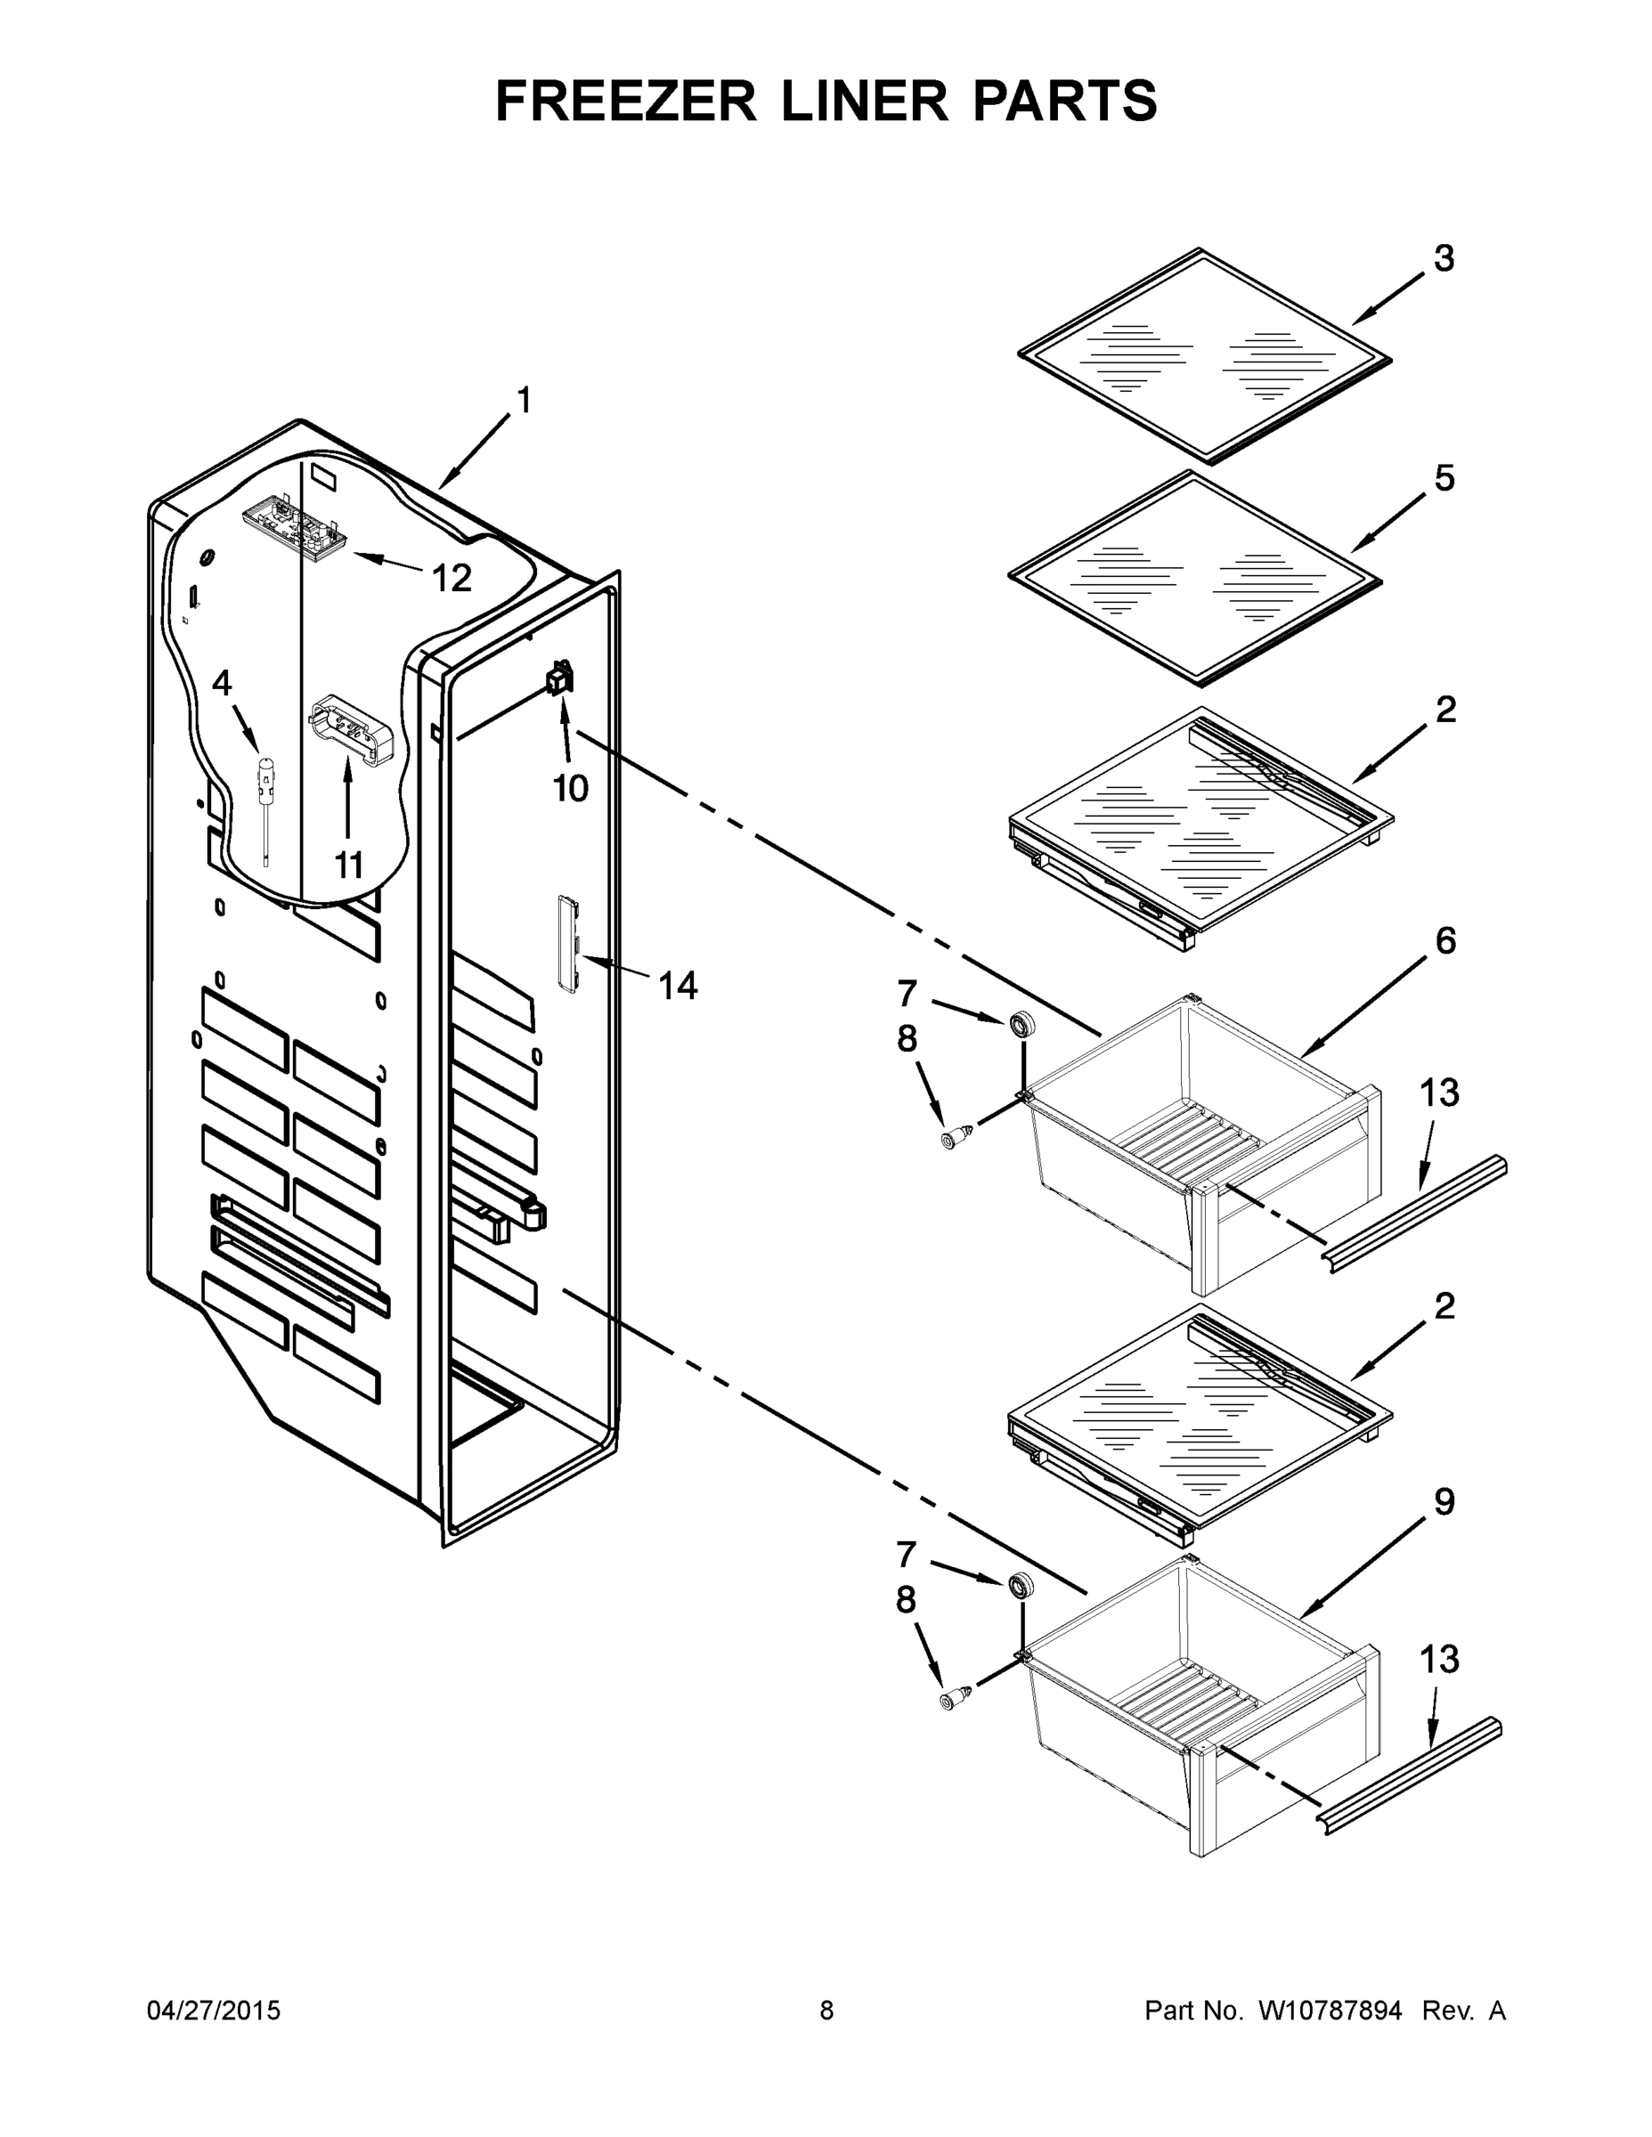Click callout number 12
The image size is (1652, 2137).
(452, 578)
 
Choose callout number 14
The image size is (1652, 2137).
(677, 986)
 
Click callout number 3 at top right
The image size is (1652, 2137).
(1444, 258)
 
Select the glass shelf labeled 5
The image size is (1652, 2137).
(1194, 577)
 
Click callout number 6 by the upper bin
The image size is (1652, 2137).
(1444, 940)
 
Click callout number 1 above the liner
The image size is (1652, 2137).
(524, 400)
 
